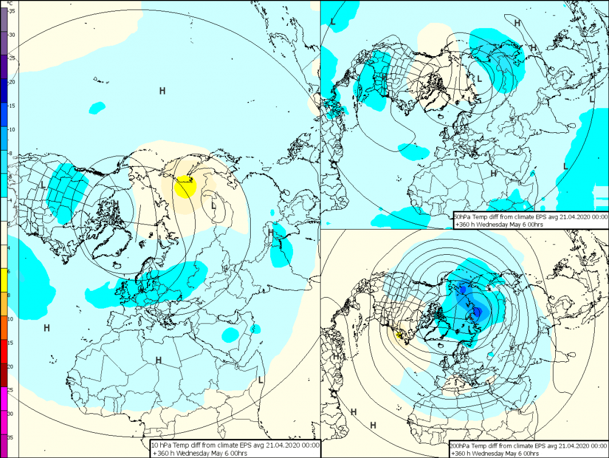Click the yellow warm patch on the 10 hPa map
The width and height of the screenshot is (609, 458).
(185, 187)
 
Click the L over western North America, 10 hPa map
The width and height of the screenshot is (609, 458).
(43, 184)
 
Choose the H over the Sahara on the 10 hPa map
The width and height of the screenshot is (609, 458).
(158, 360)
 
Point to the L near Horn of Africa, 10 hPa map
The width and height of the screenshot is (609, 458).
(260, 379)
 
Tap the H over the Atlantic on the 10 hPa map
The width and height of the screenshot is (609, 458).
(46, 328)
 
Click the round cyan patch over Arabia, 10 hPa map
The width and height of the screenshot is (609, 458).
(231, 334)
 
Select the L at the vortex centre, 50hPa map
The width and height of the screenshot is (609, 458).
(480, 78)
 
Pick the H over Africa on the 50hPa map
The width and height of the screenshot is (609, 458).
(493, 173)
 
